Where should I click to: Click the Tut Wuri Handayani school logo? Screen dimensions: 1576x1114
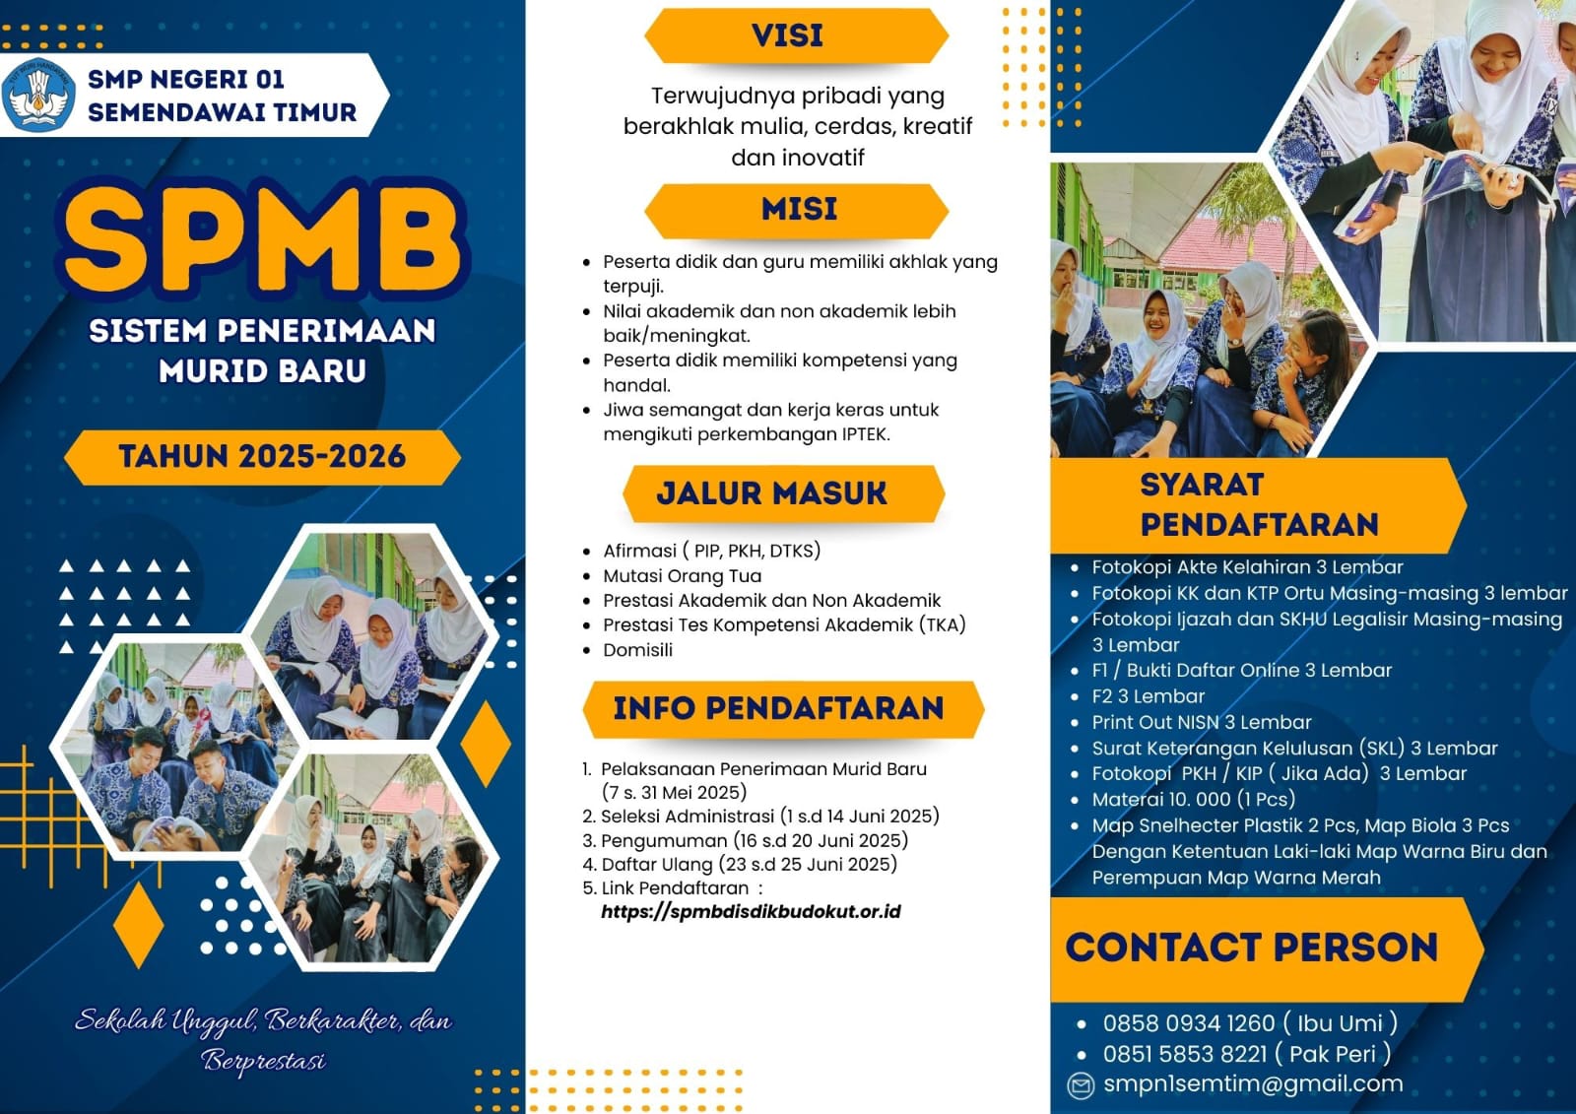[38, 95]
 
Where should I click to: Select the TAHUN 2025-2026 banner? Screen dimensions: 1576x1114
[262, 457]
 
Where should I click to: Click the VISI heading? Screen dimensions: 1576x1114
[787, 35]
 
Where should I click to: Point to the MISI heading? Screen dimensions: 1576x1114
[799, 209]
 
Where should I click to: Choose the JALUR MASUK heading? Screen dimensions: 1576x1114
[772, 493]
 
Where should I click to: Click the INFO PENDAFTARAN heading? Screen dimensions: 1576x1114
[778, 708]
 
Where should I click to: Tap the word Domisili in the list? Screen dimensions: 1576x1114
[637, 649]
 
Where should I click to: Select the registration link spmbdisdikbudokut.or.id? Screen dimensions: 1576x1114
[751, 912]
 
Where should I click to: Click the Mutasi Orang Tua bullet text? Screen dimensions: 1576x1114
[682, 575]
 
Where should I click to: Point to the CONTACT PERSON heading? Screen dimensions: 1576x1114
[1252, 948]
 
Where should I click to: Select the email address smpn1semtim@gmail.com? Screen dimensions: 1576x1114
[1253, 1084]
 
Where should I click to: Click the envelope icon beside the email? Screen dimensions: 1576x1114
[1081, 1085]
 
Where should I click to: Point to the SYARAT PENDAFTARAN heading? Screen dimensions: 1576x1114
[1260, 504]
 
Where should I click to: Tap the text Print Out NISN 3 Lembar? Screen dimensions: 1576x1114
[1202, 722]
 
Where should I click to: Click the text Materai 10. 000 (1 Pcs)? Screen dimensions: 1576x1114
[1193, 800]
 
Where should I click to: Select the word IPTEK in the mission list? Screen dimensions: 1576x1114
[866, 434]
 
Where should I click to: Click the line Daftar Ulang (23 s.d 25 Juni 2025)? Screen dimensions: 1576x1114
[750, 864]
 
